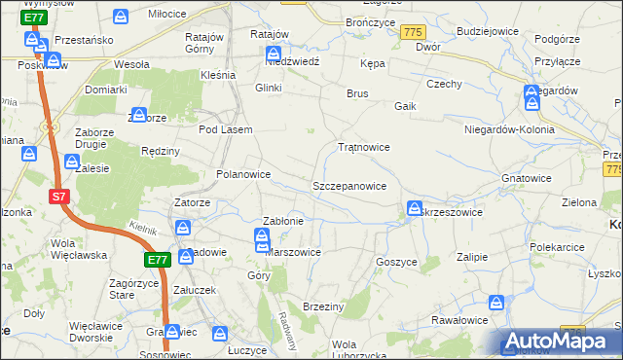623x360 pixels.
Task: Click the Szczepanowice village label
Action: pyautogui.click(x=349, y=186)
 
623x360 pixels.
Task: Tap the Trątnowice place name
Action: pyautogui.click(x=363, y=148)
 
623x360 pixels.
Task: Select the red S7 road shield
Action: pyautogui.click(x=59, y=197)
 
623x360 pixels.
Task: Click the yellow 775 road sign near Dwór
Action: pyautogui.click(x=412, y=33)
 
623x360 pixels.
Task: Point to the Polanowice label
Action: pyautogui.click(x=242, y=175)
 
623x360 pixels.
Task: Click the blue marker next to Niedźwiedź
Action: pyautogui.click(x=275, y=54)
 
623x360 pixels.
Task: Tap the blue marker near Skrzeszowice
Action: pyautogui.click(x=415, y=209)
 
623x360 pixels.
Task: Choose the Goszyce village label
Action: pyautogui.click(x=395, y=263)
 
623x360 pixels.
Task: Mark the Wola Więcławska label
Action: pyautogui.click(x=77, y=250)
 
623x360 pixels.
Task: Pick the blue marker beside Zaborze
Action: pyautogui.click(x=138, y=116)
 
